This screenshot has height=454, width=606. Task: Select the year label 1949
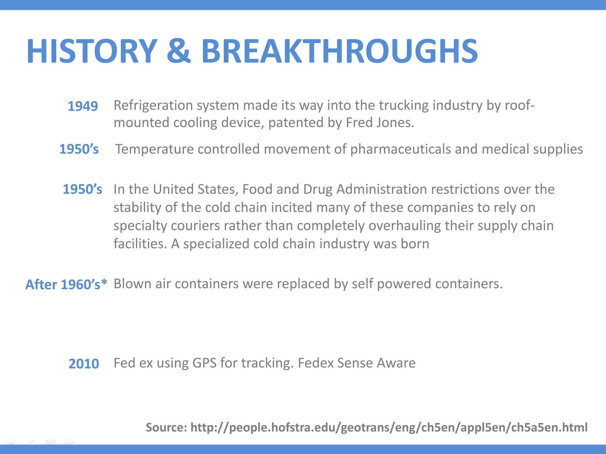(x=83, y=106)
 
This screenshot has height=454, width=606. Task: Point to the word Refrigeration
(x=153, y=106)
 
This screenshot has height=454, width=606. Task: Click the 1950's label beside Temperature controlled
(x=79, y=149)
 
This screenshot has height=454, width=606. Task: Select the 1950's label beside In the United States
(x=82, y=189)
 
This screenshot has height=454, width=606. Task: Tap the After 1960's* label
(x=66, y=284)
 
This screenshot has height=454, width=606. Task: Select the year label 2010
(x=84, y=364)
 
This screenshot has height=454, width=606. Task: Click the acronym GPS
(x=204, y=363)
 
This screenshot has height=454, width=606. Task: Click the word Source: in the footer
(x=166, y=427)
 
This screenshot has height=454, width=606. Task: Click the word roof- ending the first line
(x=520, y=106)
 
